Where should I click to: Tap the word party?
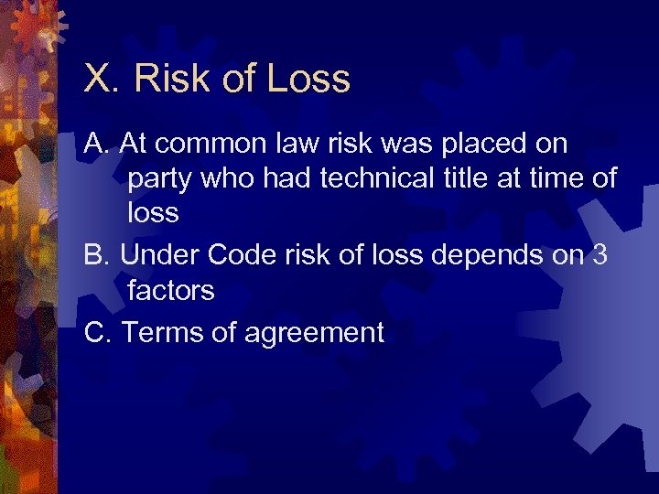[160, 179]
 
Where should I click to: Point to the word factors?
[171, 291]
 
